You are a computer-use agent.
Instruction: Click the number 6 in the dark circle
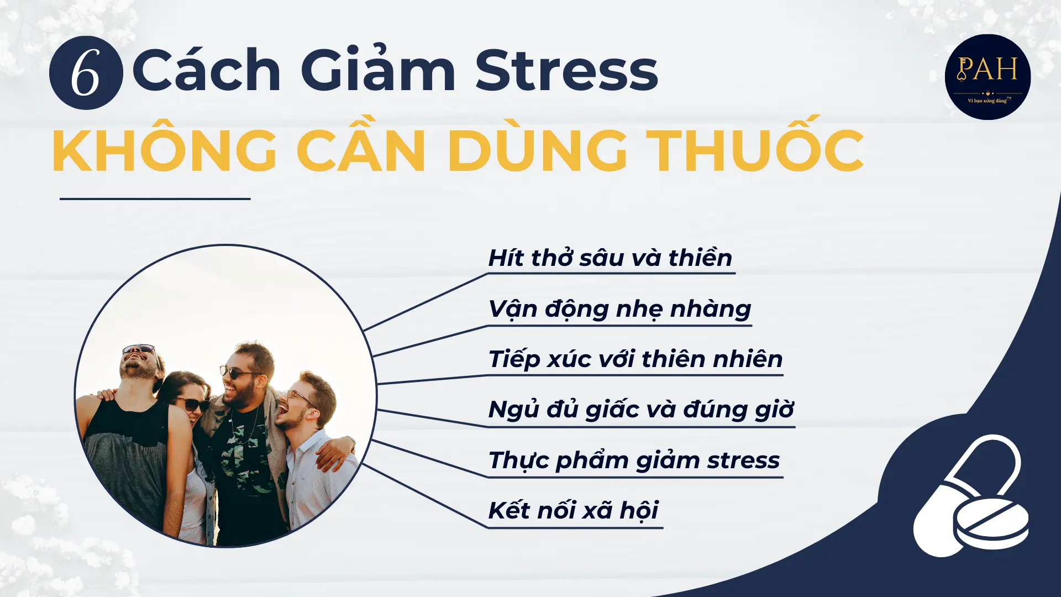coord(86,73)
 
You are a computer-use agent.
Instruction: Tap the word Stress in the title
coord(566,71)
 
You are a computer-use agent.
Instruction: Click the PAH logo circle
coord(988,77)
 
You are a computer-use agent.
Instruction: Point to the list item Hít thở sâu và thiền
coord(610,258)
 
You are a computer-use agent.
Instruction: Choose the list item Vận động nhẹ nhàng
coord(619,309)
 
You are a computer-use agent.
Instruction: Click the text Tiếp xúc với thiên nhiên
coord(635,359)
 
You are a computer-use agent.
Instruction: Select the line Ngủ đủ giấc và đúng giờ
coord(641,410)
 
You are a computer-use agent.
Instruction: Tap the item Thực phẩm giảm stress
coord(634,460)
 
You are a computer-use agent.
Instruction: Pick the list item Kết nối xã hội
coord(573,510)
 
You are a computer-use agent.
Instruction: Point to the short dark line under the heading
coord(155,198)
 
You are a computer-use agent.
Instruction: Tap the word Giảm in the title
coord(378,71)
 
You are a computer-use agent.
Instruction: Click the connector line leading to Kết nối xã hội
coord(426,496)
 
